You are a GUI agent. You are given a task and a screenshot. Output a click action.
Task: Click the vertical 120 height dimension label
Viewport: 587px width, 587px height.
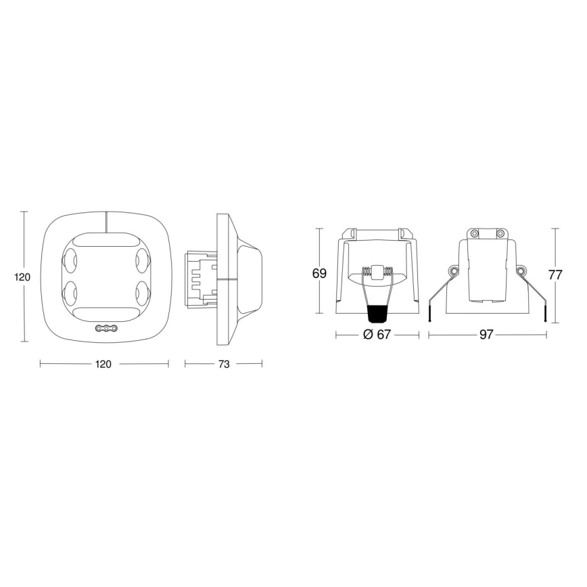pos(22,277)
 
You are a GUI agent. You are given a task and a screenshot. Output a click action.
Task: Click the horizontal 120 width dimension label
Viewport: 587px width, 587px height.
pos(103,364)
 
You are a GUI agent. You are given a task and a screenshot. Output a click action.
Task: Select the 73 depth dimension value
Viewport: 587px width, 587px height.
pos(223,364)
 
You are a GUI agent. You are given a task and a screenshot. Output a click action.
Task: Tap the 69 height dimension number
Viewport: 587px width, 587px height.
pos(319,274)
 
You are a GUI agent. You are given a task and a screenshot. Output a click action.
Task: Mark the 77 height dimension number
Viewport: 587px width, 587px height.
pos(555,275)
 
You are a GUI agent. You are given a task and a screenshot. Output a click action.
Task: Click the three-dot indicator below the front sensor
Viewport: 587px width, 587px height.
pos(105,329)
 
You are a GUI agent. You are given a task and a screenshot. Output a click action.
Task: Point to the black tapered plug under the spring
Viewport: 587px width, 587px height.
pos(377,312)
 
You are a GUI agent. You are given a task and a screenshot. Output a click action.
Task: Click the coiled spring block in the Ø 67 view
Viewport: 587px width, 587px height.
pos(377,273)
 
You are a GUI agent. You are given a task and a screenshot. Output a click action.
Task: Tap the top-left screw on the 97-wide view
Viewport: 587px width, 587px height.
pos(474,233)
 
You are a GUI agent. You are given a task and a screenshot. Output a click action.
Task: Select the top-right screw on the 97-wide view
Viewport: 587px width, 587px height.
pos(500,233)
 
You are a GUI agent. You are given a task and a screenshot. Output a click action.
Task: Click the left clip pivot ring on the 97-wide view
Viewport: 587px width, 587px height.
pos(452,272)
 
